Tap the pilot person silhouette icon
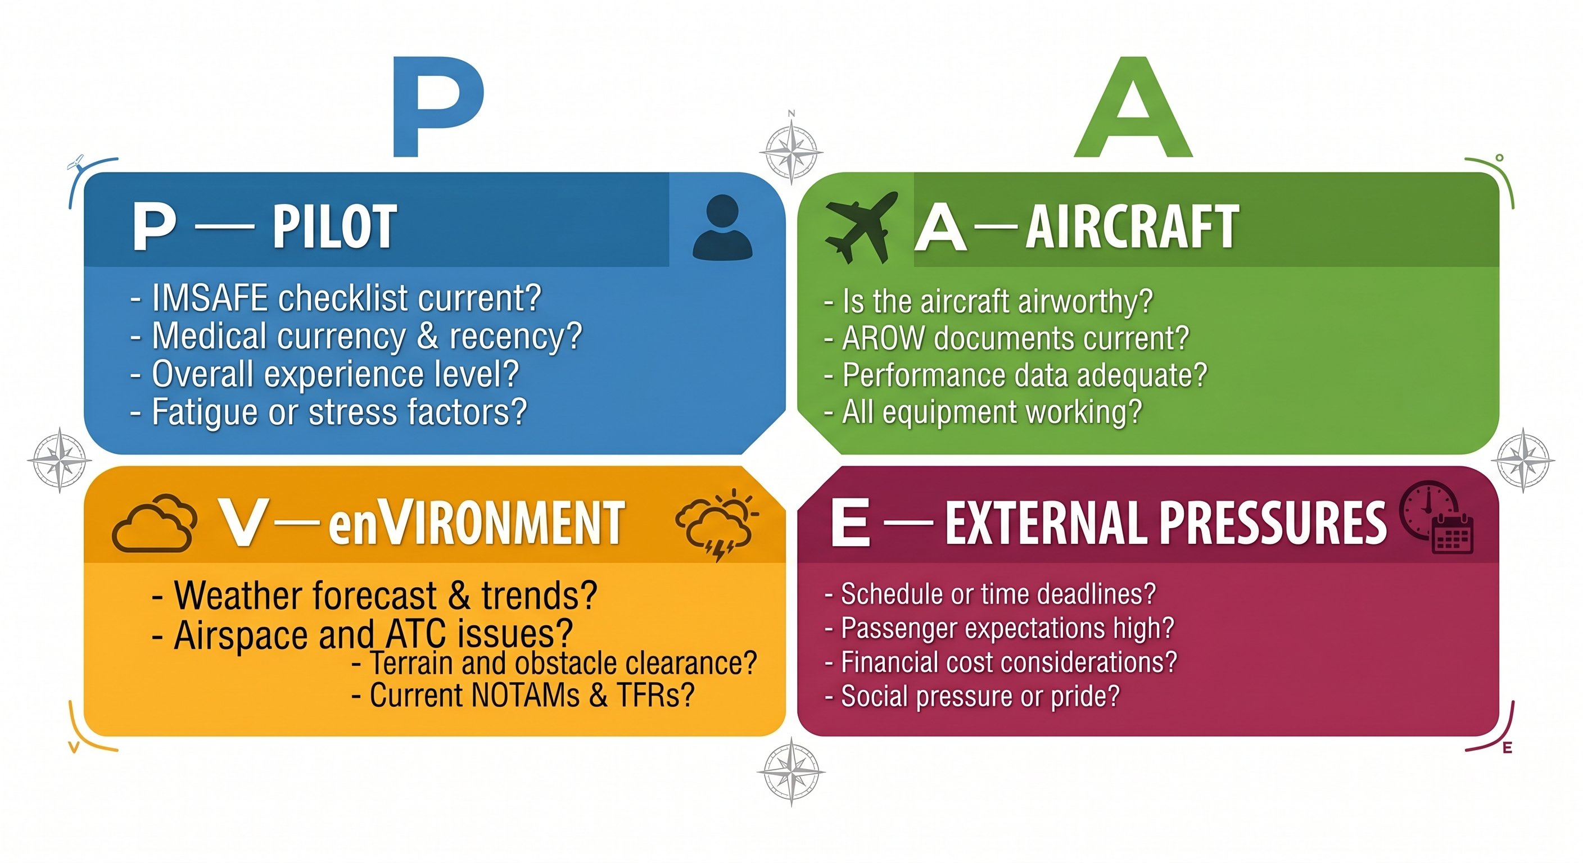click(723, 227)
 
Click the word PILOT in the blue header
click(334, 227)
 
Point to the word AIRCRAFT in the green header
click(1132, 227)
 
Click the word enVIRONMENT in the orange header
click(476, 523)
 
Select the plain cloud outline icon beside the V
click(154, 523)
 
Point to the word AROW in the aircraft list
click(883, 338)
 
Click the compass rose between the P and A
click(791, 151)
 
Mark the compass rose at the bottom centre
click(791, 773)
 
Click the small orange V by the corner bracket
click(74, 747)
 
